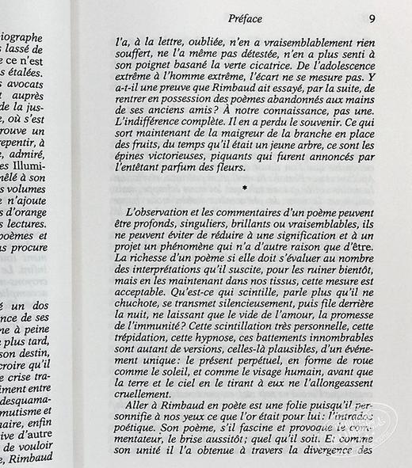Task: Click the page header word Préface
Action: coord(245,17)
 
